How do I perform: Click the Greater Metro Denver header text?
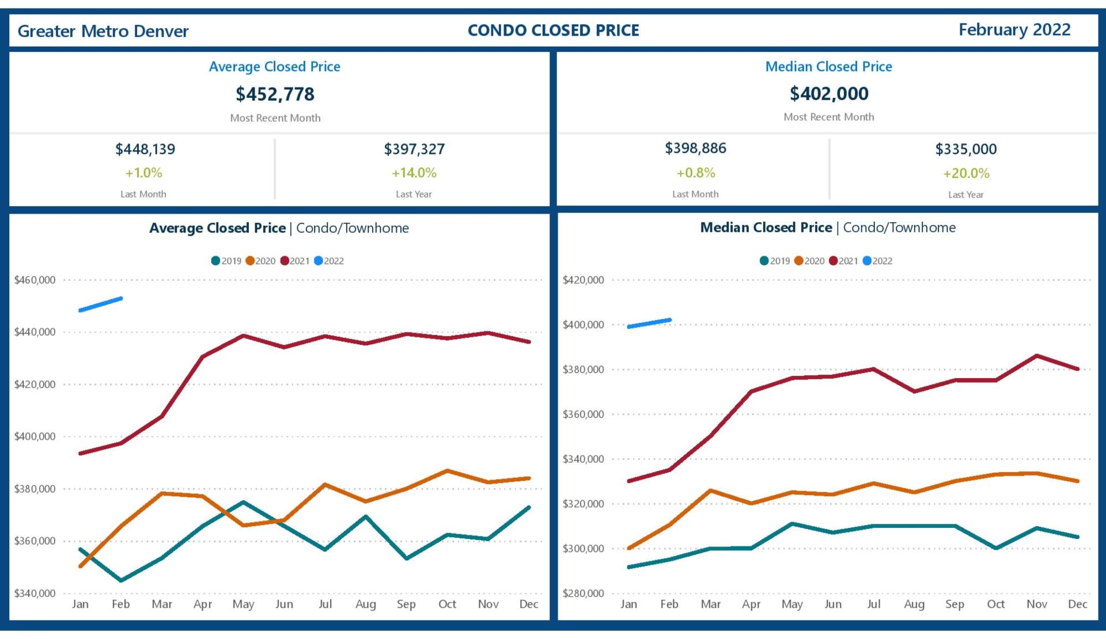(x=103, y=31)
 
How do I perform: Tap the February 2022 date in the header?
(x=1014, y=30)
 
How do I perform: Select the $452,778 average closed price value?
(x=275, y=94)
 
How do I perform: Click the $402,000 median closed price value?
(x=829, y=93)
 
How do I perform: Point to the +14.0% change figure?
(x=414, y=173)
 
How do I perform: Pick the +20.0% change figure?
(x=966, y=173)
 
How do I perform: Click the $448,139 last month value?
(x=145, y=149)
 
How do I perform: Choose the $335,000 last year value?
(x=966, y=149)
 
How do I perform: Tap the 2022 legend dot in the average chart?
(x=319, y=261)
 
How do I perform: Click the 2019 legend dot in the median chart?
(x=764, y=261)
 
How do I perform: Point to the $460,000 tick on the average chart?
(x=35, y=280)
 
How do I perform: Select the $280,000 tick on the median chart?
(x=584, y=593)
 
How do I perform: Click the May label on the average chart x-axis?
(x=243, y=604)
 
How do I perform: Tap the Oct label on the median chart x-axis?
(x=995, y=604)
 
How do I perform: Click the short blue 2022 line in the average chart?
(x=101, y=305)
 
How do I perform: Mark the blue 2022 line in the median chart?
(x=649, y=324)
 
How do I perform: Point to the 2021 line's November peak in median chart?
(x=1037, y=356)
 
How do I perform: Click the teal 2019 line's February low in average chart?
(x=121, y=580)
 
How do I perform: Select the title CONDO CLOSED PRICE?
(x=553, y=31)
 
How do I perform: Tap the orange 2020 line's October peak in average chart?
(x=447, y=471)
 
